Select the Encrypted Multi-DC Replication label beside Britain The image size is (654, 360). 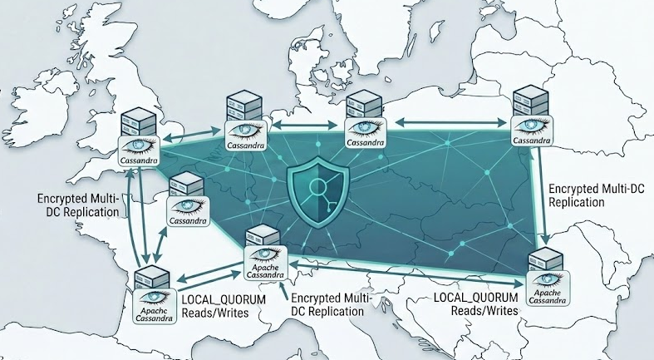79,205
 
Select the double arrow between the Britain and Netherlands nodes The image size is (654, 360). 192,132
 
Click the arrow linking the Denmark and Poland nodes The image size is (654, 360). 447,123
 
